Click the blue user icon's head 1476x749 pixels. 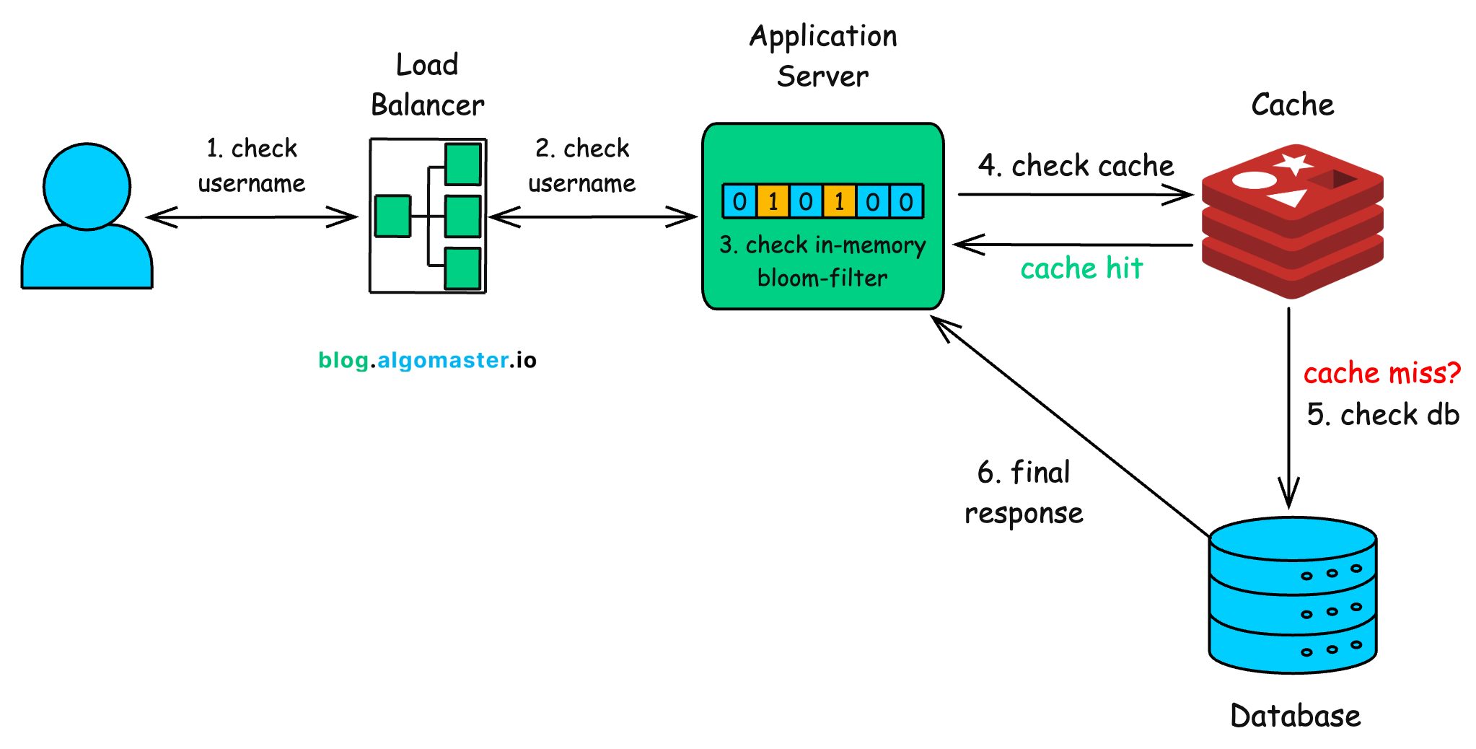[87, 186]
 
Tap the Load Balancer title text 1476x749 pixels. [427, 85]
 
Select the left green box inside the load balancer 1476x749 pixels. [392, 216]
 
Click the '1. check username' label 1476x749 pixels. [251, 166]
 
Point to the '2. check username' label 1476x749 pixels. [581, 166]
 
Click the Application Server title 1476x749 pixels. [822, 56]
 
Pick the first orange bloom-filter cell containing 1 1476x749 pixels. [773, 201]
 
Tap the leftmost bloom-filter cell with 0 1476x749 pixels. [739, 201]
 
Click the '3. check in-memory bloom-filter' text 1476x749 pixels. [822, 261]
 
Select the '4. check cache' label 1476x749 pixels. [1076, 166]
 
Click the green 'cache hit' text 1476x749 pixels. [1081, 268]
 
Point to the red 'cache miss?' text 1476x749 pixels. [1381, 373]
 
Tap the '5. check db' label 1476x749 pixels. [1383, 415]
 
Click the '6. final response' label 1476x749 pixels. [1024, 493]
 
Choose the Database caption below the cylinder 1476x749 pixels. [1295, 716]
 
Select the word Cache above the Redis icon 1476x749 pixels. [1292, 105]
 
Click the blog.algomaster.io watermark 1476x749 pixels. [427, 360]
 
